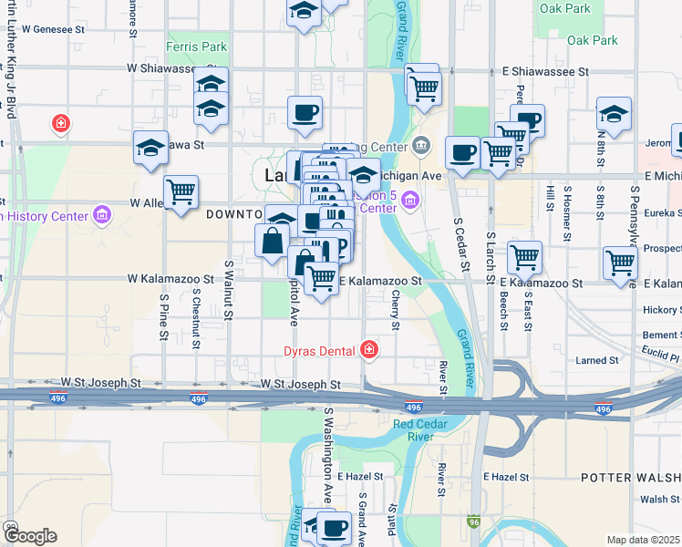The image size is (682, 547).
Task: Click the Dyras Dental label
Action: click(316, 349)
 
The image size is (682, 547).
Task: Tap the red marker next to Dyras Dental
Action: click(368, 349)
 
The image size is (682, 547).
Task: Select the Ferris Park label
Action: click(196, 46)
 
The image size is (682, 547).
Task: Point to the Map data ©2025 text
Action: click(644, 540)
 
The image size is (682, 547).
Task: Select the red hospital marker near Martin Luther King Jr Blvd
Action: click(61, 122)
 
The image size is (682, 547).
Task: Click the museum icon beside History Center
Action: click(101, 216)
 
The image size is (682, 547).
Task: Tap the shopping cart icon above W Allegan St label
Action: click(182, 191)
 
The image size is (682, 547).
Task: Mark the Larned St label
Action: click(597, 361)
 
